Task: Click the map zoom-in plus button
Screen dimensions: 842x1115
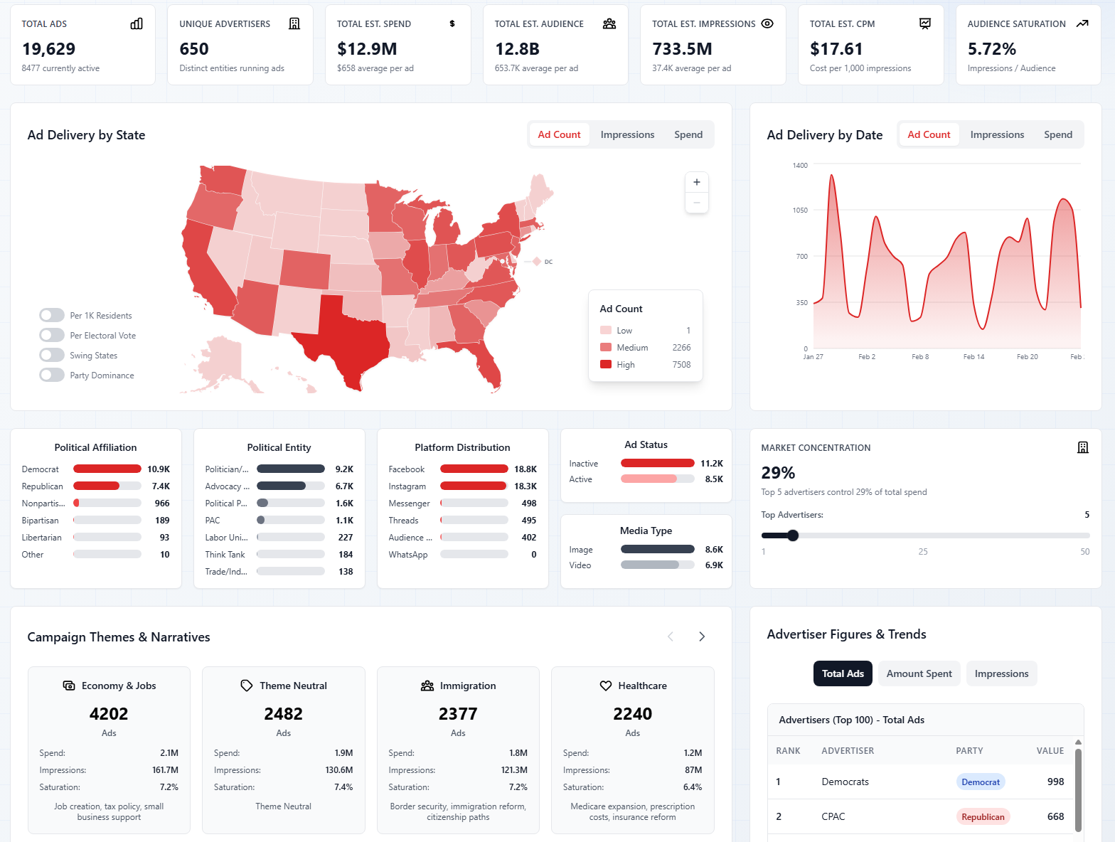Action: click(x=696, y=182)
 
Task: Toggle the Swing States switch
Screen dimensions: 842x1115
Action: click(x=52, y=355)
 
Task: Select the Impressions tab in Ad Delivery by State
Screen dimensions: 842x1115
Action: click(x=626, y=134)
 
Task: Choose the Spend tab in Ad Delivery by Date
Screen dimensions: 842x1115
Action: click(x=1057, y=134)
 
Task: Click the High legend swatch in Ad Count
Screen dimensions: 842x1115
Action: click(x=606, y=365)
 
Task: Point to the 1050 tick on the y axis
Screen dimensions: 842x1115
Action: click(x=800, y=210)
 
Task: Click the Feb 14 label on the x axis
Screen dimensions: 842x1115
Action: click(x=973, y=357)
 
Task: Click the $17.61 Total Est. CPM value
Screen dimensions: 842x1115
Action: click(x=836, y=49)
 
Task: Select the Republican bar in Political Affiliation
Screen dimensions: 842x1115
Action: click(x=97, y=486)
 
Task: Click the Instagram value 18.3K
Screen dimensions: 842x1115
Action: click(x=525, y=486)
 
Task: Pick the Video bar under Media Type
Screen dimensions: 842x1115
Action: click(x=650, y=565)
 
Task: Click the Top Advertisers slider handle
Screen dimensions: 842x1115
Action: click(x=793, y=535)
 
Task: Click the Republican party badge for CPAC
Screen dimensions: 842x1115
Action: click(x=982, y=817)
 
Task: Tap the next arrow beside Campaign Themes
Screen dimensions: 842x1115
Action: click(x=701, y=636)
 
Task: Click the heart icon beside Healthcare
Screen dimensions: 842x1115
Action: click(x=605, y=686)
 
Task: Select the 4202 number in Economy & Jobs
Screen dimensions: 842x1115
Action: click(x=109, y=714)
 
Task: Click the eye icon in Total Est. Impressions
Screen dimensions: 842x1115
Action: click(x=767, y=23)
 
